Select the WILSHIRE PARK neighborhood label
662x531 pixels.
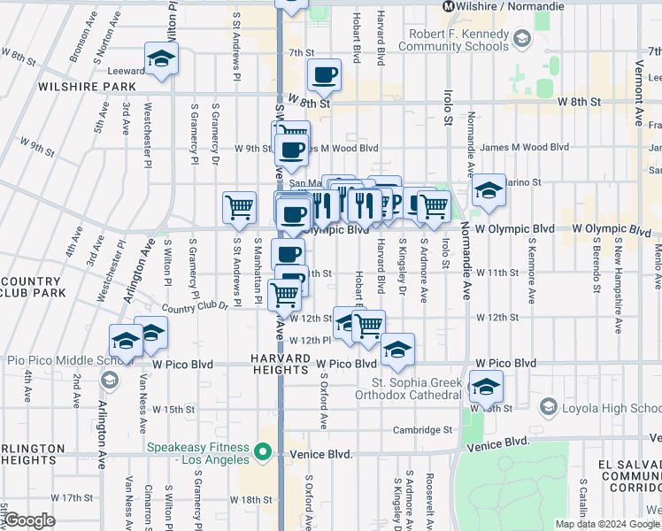87,87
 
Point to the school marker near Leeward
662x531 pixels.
161,60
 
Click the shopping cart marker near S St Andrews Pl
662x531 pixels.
240,208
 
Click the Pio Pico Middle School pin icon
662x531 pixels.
110,381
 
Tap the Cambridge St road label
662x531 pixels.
422,430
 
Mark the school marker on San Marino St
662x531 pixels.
488,190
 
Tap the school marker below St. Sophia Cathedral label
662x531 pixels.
485,387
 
